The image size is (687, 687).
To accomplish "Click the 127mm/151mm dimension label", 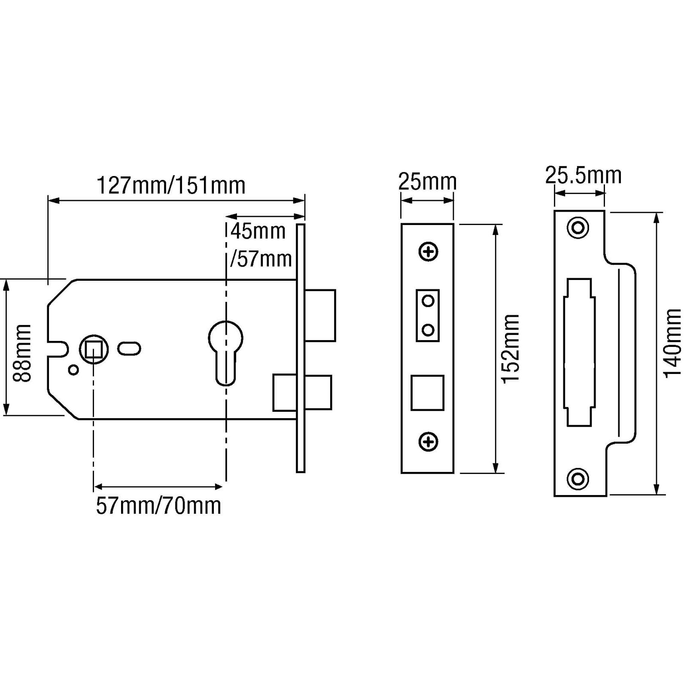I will (x=171, y=186).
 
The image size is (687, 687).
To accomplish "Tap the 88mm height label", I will (x=21, y=353).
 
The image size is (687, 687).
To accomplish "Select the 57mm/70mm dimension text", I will (x=158, y=506).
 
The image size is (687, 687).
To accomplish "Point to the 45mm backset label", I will (x=258, y=232).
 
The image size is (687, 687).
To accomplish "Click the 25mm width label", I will (x=427, y=182).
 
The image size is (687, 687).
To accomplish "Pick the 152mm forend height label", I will (x=511, y=349).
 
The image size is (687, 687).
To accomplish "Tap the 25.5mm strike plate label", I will (x=583, y=176).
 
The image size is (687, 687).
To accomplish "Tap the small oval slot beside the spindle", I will (x=128, y=348).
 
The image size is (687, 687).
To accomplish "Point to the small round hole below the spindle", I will (x=73, y=370).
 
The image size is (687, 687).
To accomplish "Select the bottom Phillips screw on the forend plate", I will (x=428, y=442).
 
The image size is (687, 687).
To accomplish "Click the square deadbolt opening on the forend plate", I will (x=427, y=393).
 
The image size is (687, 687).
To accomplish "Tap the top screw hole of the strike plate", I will (x=578, y=228).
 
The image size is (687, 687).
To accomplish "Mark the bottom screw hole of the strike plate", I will (x=578, y=478).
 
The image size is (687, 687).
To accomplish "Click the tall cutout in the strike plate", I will (x=579, y=352).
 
